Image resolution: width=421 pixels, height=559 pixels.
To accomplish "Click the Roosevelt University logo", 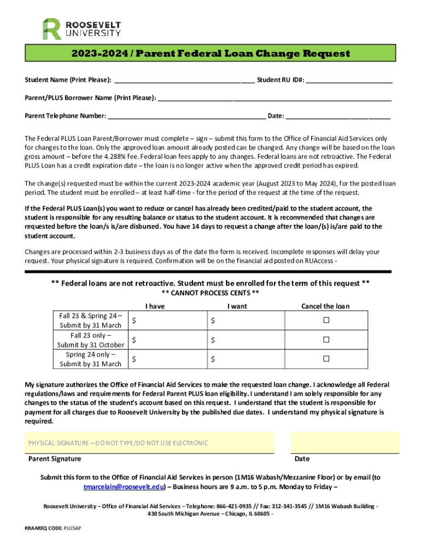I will tap(81, 28).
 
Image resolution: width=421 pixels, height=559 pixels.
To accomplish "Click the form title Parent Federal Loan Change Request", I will tap(210, 53).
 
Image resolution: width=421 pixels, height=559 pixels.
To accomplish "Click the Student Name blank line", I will tap(183, 80).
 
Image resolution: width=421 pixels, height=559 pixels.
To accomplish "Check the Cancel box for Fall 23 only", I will tap(326, 340).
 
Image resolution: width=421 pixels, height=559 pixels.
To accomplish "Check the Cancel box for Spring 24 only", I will tap(326, 359).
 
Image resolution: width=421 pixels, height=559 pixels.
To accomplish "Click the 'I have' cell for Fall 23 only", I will tap(167, 340).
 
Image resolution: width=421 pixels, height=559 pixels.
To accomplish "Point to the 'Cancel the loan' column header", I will tap(325, 306).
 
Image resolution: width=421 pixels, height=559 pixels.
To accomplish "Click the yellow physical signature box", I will tap(149, 443).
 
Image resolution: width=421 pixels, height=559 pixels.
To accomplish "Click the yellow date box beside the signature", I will tap(344, 443).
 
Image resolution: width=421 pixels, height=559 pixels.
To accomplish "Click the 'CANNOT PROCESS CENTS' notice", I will tap(210, 293).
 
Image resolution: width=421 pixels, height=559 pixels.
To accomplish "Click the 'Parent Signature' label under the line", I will tap(55, 459).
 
